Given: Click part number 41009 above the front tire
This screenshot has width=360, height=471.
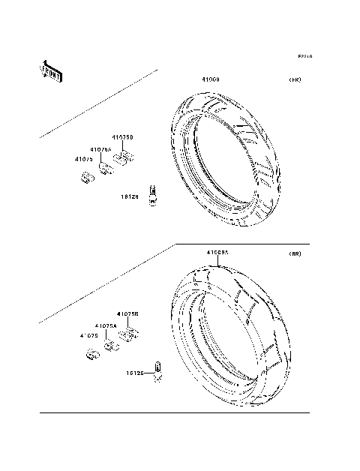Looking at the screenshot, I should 209,79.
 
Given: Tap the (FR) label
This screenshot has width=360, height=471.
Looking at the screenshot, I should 295,79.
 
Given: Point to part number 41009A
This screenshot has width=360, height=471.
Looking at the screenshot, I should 217,253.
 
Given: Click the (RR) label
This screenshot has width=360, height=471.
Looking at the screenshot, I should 295,254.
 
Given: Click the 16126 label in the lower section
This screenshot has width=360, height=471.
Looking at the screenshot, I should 134,372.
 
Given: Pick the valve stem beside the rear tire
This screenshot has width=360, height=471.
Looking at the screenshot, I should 157,371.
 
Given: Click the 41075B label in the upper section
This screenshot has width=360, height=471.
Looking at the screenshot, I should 122,138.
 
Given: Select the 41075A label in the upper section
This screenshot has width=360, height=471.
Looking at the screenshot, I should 102,149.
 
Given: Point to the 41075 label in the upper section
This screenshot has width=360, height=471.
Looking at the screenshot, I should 83,159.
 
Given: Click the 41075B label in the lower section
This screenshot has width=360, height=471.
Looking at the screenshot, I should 127,314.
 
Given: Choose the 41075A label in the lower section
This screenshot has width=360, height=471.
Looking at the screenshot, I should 106,325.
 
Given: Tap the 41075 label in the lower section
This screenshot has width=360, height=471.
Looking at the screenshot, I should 89,336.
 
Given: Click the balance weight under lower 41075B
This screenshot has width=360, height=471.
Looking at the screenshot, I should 129,333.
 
